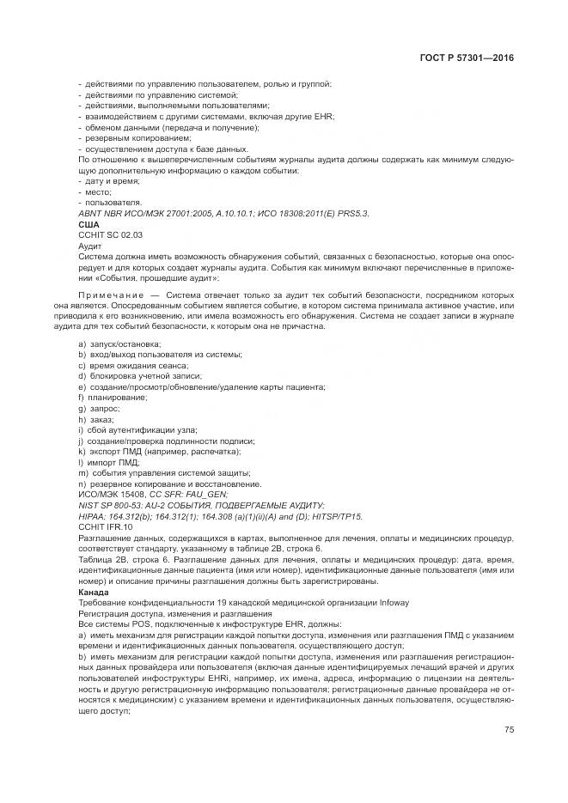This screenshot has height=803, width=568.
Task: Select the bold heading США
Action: click(x=89, y=225)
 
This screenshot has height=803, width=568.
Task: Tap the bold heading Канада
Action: click(x=94, y=592)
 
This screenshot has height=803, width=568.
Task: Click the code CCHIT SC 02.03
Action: click(x=110, y=234)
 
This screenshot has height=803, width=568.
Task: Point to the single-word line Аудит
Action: click(x=89, y=246)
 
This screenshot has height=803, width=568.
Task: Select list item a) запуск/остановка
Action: click(x=112, y=344)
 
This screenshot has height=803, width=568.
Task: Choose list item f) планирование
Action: click(x=113, y=398)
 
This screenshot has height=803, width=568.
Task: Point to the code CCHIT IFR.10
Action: click(x=106, y=526)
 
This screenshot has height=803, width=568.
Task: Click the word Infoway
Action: click(x=393, y=602)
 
